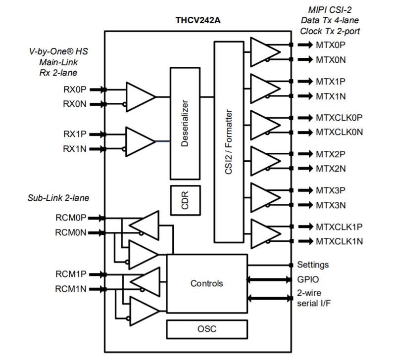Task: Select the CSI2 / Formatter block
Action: coord(230,142)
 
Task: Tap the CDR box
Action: coord(185,200)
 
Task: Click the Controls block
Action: coord(206,283)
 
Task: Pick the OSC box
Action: coord(206,329)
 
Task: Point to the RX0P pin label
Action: coord(75,90)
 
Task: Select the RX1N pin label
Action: coord(75,149)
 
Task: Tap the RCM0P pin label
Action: coord(71,218)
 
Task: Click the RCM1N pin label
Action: coord(71,289)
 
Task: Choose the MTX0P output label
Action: coord(331,45)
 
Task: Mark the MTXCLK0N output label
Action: coord(339,132)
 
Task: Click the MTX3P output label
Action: coord(331,190)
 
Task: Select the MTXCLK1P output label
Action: coord(339,226)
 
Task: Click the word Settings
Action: coord(313,265)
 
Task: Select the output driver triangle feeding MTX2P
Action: coord(265,160)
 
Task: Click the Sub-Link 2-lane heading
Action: coord(58,198)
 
